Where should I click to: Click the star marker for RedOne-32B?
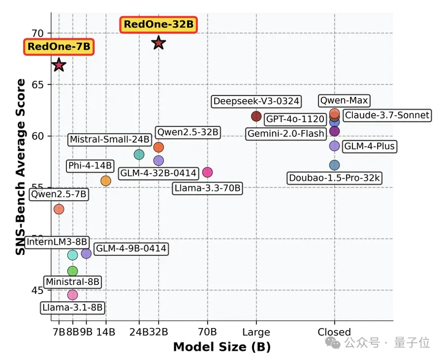[158, 43]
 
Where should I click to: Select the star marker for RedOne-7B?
[59, 65]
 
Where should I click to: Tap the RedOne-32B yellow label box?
[159, 24]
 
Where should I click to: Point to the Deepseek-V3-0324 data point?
[256, 116]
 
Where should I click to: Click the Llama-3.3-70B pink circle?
[207, 172]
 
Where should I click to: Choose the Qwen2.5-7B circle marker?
[59, 209]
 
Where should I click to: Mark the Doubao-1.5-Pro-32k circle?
[335, 165]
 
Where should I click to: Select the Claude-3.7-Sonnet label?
[387, 116]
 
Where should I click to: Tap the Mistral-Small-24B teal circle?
[139, 154]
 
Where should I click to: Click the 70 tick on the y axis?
[38, 33]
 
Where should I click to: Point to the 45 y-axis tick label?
[38, 290]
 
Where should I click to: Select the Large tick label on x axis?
[256, 332]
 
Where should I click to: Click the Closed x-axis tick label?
[334, 332]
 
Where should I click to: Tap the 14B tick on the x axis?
[106, 332]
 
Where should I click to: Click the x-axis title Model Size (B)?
[222, 347]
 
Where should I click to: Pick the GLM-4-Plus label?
[369, 146]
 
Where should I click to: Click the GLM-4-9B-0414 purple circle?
[86, 253]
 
